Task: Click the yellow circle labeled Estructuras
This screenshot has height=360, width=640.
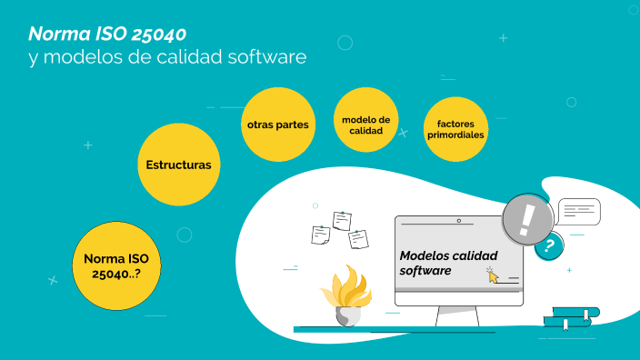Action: pyautogui.click(x=178, y=165)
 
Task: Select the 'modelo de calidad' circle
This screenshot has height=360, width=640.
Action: pyautogui.click(x=366, y=125)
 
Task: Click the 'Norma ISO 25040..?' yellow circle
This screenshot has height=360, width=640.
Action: pyautogui.click(x=111, y=265)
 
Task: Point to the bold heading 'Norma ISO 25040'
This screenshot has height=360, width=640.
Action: pyautogui.click(x=107, y=35)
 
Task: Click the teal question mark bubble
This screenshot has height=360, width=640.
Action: pyautogui.click(x=548, y=245)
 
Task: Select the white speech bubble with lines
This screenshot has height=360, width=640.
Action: pyautogui.click(x=579, y=212)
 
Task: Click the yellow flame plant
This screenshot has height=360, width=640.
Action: pyautogui.click(x=346, y=288)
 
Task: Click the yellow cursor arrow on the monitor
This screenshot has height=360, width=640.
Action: pyautogui.click(x=493, y=275)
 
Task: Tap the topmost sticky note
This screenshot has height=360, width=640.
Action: pyautogui.click(x=342, y=220)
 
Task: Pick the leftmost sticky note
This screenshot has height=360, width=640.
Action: pyautogui.click(x=320, y=235)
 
